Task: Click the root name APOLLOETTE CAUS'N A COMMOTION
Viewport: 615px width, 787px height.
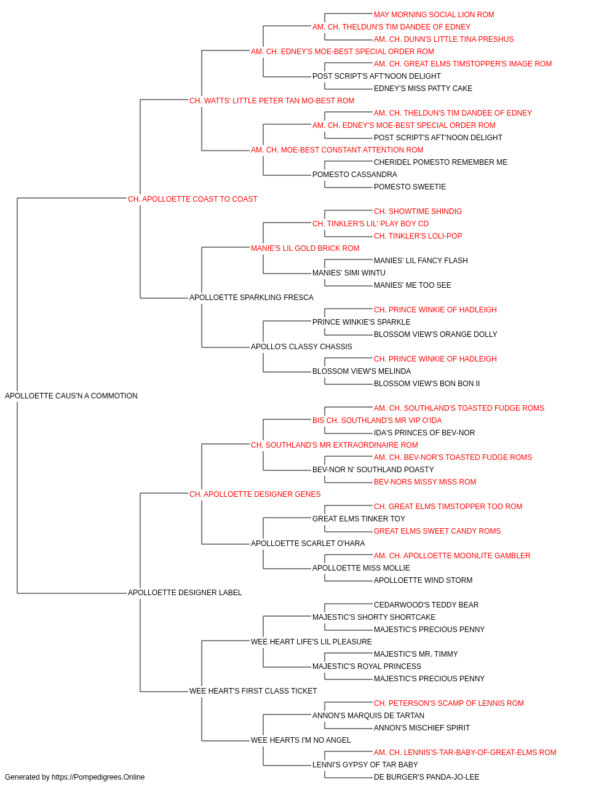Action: (x=71, y=396)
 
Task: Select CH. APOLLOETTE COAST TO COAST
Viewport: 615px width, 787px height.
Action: (x=192, y=199)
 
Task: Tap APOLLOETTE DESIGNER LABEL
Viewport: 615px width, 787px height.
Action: (x=184, y=593)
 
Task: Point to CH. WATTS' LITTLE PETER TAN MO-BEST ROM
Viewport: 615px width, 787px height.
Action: (x=272, y=101)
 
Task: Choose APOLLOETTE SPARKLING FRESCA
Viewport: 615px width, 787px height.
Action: (x=252, y=298)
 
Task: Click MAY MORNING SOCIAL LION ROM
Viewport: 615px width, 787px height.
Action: (x=434, y=15)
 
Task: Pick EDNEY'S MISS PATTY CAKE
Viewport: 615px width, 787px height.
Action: (x=423, y=89)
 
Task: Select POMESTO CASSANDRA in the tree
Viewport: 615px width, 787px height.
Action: (x=355, y=175)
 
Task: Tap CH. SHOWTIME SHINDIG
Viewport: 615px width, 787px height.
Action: (x=418, y=211)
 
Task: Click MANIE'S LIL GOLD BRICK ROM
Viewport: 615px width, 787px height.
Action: (x=305, y=248)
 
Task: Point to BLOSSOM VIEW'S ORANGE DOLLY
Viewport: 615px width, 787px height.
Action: (x=435, y=334)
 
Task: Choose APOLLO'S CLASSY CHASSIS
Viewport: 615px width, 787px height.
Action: (x=301, y=347)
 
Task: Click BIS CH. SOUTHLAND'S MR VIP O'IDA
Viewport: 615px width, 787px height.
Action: (x=377, y=421)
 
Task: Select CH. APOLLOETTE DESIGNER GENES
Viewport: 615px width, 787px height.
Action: (x=255, y=494)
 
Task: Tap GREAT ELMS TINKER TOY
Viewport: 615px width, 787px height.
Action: (x=359, y=519)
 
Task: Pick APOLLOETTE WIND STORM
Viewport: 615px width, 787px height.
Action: (x=423, y=580)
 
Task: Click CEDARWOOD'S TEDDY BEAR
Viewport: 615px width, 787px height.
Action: (x=426, y=605)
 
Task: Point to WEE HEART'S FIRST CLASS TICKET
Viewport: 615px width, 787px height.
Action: (x=253, y=691)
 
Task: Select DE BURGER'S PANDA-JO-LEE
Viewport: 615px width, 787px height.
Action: (x=426, y=777)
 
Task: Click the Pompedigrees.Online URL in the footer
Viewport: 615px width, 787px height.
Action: (x=98, y=777)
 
